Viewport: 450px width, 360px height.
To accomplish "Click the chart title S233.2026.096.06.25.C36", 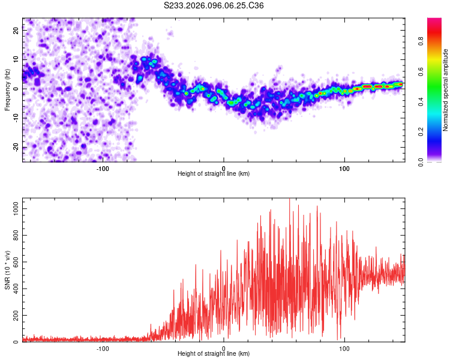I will point(214,5).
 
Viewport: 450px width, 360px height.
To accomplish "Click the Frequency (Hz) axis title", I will point(7,90).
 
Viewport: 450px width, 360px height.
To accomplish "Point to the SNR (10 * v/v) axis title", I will point(7,270).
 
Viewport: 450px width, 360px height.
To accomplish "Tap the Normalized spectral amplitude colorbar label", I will point(446,90).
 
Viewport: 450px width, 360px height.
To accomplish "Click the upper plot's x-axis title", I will point(214,174).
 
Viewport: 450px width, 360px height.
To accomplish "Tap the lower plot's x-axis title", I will point(214,353).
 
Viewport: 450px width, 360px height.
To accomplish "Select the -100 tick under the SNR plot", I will point(103,348).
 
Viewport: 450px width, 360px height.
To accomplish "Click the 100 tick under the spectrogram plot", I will point(344,168).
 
